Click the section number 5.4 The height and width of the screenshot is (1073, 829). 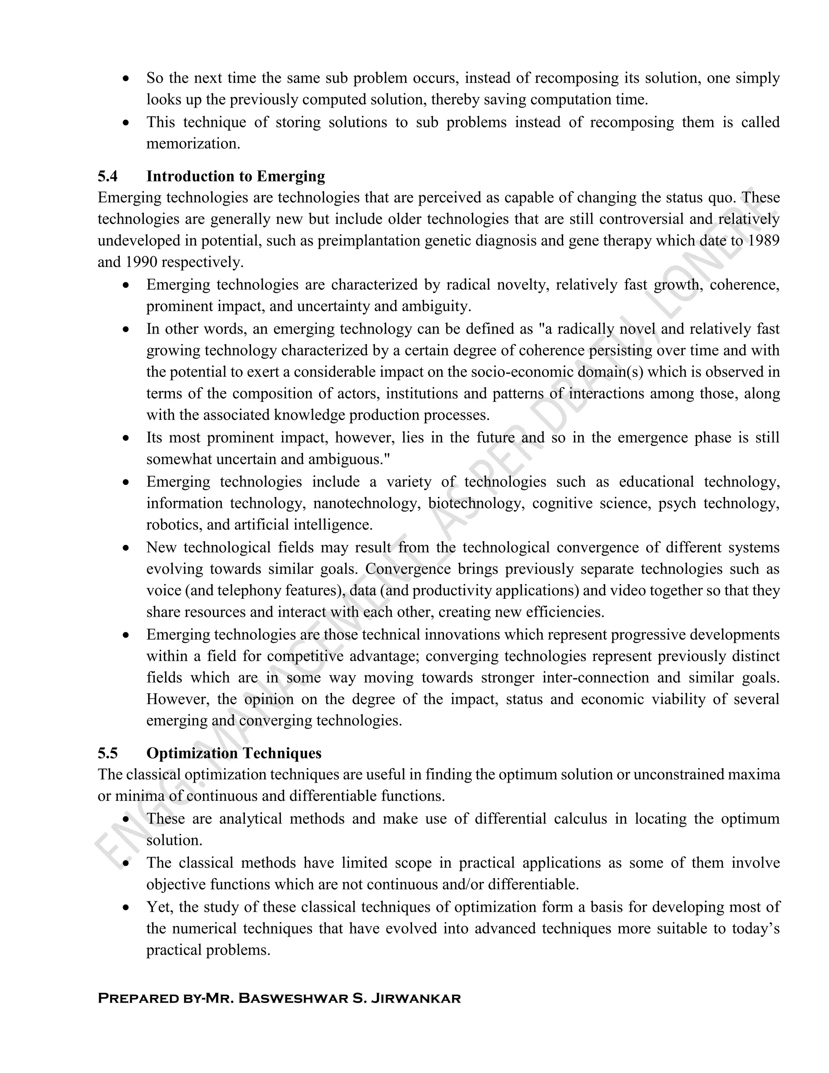coord(108,177)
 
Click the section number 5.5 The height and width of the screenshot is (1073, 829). coord(108,753)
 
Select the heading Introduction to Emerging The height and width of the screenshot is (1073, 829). coord(235,177)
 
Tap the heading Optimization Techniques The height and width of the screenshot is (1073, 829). coord(234,753)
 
